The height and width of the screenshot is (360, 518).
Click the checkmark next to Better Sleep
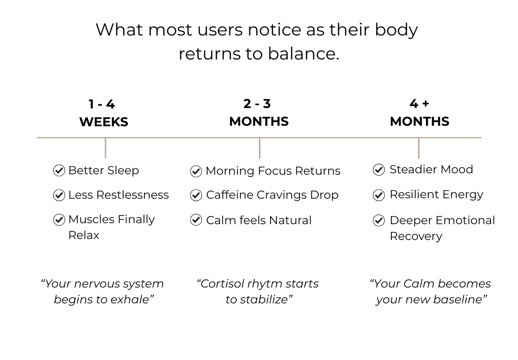[59, 170]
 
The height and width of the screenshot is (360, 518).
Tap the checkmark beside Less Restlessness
[59, 195]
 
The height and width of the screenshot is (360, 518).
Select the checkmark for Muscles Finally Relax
[59, 219]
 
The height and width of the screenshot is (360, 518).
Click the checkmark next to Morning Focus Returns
[196, 171]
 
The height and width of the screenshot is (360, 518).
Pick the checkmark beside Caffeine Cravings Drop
[196, 195]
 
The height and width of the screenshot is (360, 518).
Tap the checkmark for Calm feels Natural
[196, 220]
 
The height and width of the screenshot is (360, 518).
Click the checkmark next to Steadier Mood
[378, 169]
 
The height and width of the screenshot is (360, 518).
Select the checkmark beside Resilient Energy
[378, 195]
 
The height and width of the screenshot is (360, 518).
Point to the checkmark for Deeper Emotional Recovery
[378, 220]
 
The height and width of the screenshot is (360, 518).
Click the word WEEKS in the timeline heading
[104, 122]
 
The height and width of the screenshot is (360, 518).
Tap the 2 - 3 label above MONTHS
[257, 104]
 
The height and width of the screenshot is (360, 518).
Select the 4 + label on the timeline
[419, 104]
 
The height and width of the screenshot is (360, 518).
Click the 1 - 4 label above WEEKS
[102, 105]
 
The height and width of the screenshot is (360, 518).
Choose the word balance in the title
[304, 54]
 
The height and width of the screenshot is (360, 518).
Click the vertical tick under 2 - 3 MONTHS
[259, 148]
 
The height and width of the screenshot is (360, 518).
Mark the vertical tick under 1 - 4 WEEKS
[106, 148]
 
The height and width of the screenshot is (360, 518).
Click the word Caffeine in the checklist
[230, 195]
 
